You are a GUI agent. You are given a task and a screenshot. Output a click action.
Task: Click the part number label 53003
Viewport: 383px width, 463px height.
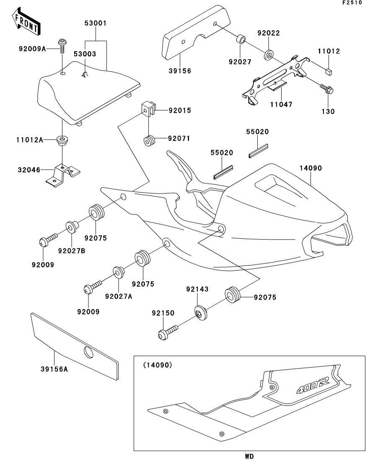click(x=85, y=54)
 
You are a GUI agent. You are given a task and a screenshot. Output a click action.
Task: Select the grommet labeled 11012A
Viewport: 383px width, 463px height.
click(x=62, y=139)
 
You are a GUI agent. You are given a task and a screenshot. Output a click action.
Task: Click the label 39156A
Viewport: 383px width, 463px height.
click(x=54, y=369)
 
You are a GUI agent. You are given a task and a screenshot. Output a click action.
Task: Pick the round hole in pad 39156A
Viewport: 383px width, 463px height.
click(x=89, y=353)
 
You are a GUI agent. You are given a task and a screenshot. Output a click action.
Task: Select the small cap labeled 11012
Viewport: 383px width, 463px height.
click(x=329, y=71)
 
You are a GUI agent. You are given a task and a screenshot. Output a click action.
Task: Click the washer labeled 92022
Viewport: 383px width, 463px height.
click(x=269, y=54)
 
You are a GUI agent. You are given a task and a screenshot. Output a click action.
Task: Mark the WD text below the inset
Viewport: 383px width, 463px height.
click(x=249, y=456)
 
